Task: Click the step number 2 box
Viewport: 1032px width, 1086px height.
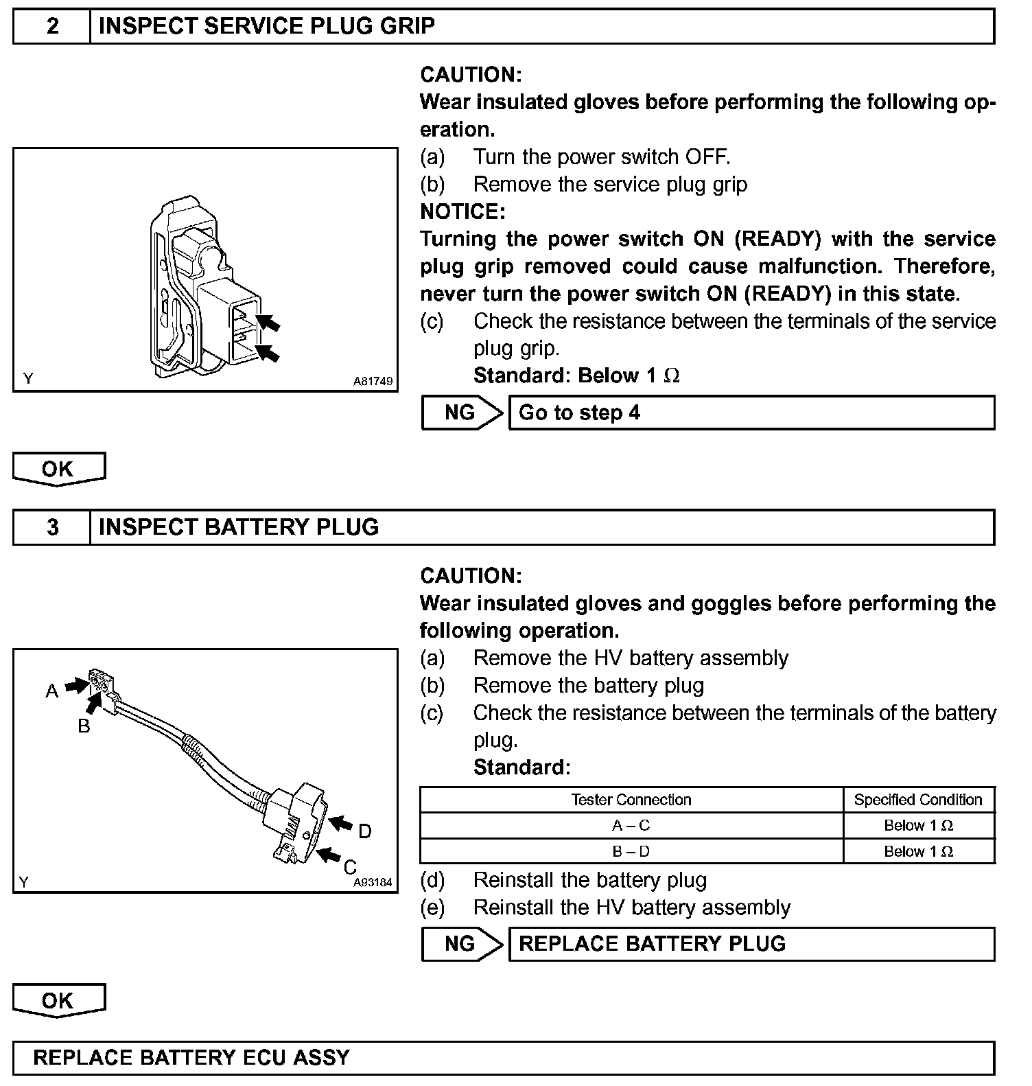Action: pos(52,27)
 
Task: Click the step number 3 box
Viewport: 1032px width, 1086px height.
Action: pos(52,527)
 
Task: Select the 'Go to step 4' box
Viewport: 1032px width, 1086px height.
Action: pos(751,413)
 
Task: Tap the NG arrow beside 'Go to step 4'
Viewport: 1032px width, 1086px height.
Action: pos(462,413)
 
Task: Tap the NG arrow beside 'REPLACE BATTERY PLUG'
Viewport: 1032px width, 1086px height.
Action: pos(462,944)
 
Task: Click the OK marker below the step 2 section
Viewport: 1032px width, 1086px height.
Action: pos(58,469)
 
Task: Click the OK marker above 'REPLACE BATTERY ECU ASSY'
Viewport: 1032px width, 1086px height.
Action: pos(58,1001)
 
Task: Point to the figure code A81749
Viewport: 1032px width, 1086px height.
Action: pos(373,381)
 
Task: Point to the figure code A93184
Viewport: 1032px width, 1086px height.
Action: pos(373,883)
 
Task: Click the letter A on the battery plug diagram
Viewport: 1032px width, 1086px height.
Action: pos(52,691)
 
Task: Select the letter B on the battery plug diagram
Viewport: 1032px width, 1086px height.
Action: pos(84,726)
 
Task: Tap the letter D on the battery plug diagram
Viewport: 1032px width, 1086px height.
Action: pos(365,832)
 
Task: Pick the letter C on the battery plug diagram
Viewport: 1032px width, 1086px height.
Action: pos(350,867)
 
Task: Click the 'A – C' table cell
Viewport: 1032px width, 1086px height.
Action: pos(631,826)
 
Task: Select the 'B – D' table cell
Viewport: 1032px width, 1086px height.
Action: pos(631,852)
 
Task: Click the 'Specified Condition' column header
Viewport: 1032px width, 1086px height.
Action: pos(918,800)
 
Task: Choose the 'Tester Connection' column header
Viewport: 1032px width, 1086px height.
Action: pos(631,800)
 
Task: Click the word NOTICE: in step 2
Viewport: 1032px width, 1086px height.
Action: pos(462,211)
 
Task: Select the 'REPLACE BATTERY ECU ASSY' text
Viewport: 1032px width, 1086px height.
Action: pos(191,1057)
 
